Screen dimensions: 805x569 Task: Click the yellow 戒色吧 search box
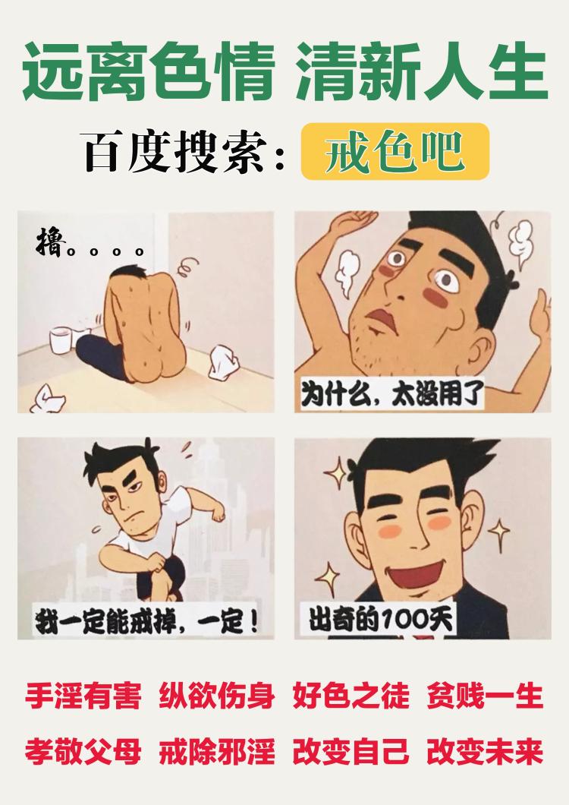(x=395, y=153)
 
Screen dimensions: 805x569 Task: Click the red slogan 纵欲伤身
(x=216, y=695)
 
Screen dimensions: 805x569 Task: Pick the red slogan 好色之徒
(x=351, y=695)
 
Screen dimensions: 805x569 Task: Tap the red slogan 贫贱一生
(x=486, y=695)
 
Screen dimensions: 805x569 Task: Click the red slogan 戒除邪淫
(x=216, y=752)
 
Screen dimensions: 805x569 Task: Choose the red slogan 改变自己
(x=351, y=752)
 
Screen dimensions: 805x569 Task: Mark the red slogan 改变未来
(x=486, y=752)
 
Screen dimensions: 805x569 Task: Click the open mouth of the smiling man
(x=416, y=575)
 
